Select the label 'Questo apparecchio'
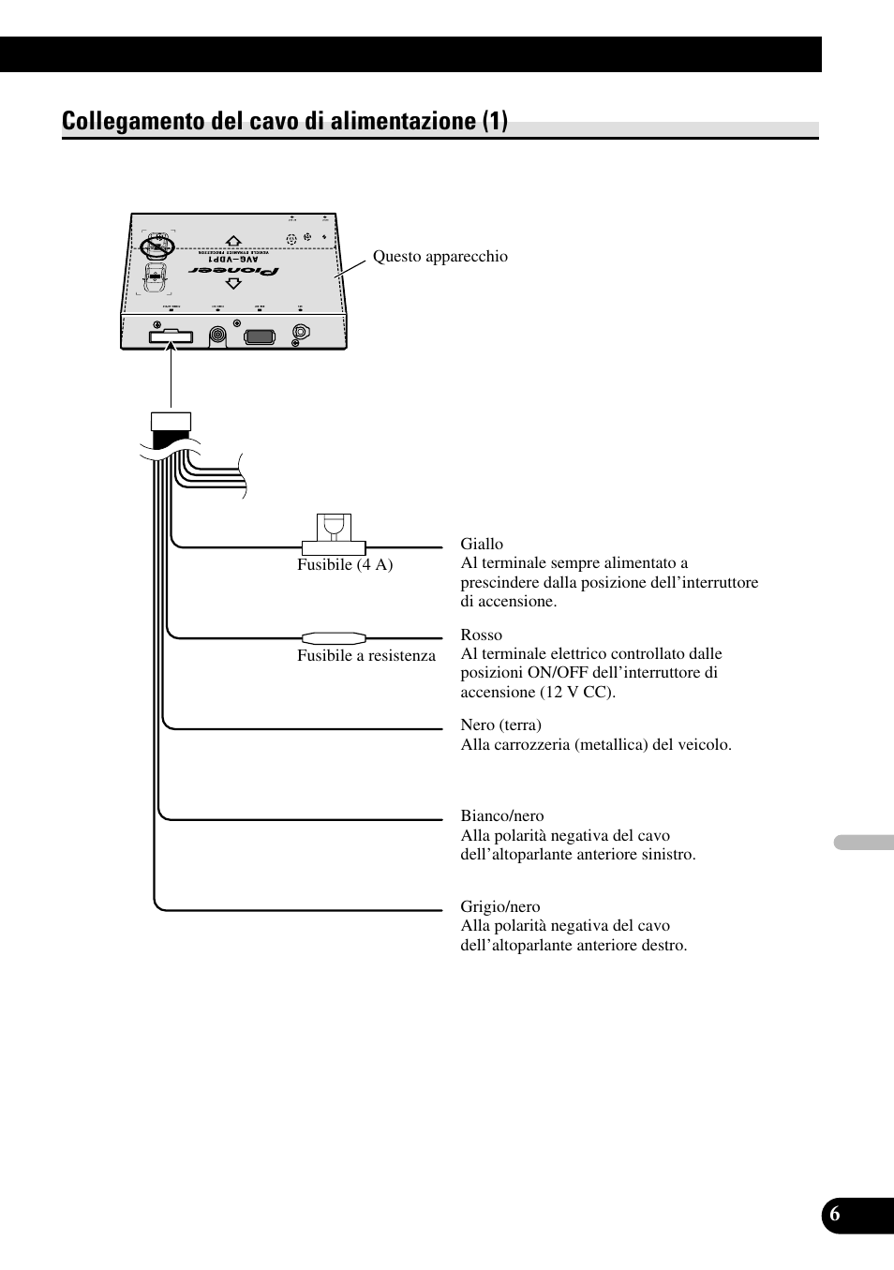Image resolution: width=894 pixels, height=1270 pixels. (440, 257)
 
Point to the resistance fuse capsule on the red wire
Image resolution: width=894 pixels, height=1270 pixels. (334, 637)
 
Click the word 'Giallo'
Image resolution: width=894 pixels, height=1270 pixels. (482, 544)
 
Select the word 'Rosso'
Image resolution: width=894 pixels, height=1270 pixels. (481, 635)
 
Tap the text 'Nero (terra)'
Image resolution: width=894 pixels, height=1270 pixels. (500, 725)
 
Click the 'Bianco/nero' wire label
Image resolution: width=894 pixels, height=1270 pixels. (501, 815)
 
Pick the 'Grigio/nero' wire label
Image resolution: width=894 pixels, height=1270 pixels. (499, 906)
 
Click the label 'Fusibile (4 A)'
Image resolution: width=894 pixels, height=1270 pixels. (345, 564)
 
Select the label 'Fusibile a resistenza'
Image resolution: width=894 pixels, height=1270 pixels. (366, 655)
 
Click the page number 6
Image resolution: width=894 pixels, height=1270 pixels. (834, 1215)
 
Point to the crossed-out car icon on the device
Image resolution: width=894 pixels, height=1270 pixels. (154, 247)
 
